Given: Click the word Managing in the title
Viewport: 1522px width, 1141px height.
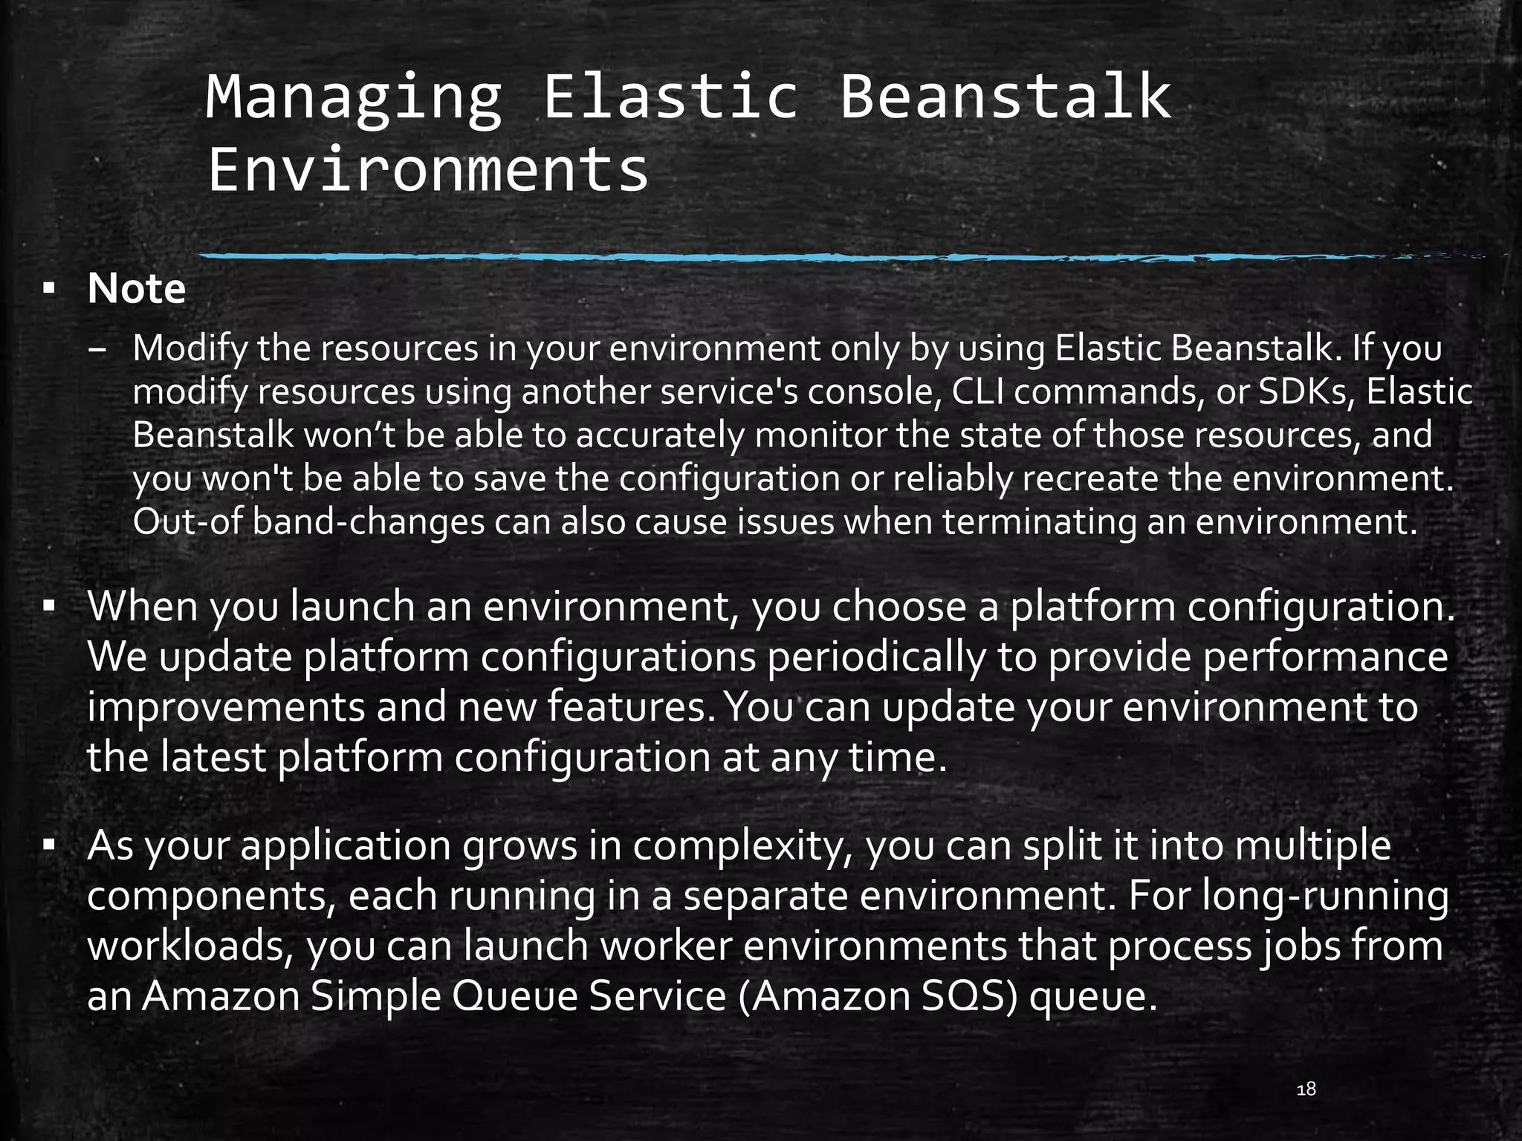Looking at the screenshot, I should (354, 99).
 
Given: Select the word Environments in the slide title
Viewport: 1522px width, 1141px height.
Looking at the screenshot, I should (428, 170).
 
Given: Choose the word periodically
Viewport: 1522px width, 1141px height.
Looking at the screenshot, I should (876, 657).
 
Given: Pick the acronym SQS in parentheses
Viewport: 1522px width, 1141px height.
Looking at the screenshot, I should (968, 996).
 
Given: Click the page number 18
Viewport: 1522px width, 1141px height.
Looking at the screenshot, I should (1306, 1090).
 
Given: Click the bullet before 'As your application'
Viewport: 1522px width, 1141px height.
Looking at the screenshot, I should (49, 845).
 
